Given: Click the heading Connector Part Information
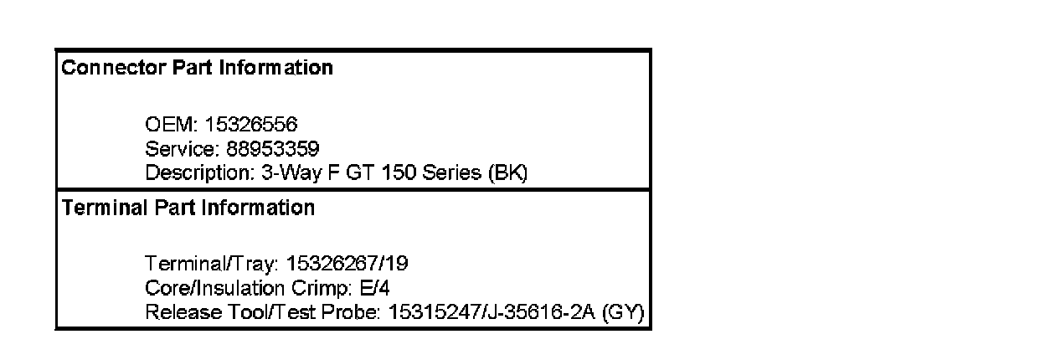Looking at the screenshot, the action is [197, 68].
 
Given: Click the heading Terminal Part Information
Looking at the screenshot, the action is [188, 207].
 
